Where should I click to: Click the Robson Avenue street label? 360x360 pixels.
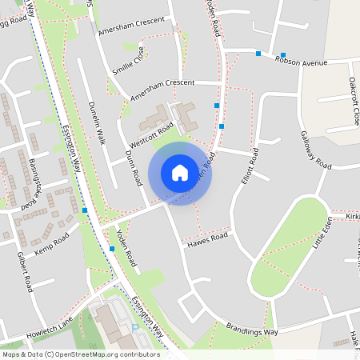tap(303, 61)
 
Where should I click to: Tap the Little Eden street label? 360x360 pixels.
tap(323, 232)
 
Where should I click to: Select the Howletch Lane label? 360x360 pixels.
tap(49, 326)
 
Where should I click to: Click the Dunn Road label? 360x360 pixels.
tap(133, 167)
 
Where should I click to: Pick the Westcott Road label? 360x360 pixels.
tap(152, 134)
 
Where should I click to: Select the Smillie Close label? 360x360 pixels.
tap(129, 60)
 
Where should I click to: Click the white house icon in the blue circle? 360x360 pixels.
tap(180, 173)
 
